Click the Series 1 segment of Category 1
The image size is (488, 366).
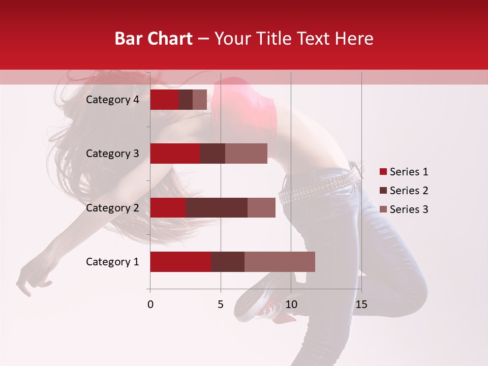180,262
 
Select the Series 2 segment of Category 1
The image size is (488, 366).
228,262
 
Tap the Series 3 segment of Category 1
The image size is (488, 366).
280,262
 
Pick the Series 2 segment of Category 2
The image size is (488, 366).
217,207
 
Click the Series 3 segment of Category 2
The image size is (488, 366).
261,207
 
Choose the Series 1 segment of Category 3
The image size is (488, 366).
175,154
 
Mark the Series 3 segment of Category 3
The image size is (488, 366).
246,154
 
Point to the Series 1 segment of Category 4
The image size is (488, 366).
164,100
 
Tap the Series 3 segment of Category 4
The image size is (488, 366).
200,100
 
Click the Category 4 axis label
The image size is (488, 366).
112,100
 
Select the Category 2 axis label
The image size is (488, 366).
112,208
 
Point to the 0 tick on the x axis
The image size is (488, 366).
150,304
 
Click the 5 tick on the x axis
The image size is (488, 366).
221,304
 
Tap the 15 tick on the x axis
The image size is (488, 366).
361,304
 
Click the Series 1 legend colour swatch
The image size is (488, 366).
383,172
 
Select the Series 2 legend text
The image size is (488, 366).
409,191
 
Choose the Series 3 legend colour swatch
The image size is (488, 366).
383,209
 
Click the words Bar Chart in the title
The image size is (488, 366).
154,39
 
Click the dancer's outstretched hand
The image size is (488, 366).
32,277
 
